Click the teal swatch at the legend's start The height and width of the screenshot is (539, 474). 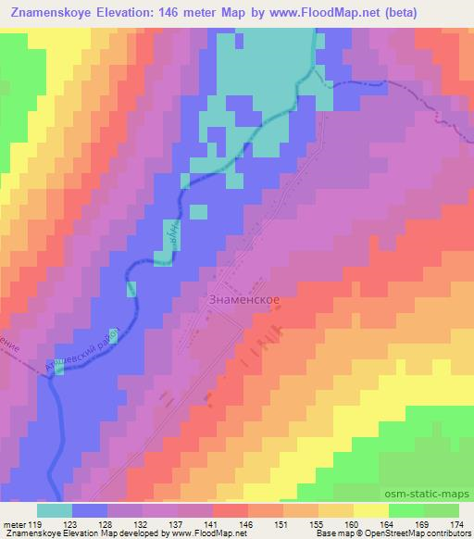54,509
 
